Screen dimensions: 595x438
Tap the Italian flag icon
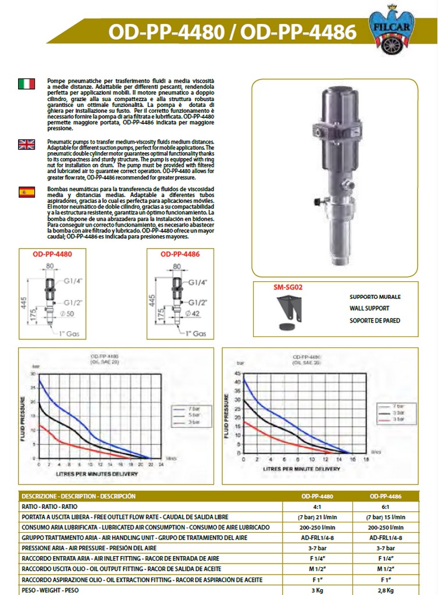point(26,84)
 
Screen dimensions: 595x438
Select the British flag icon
point(26,144)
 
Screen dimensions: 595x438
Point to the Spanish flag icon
point(26,192)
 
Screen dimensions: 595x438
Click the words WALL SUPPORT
point(369,308)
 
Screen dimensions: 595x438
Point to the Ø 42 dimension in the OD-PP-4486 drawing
point(193,314)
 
